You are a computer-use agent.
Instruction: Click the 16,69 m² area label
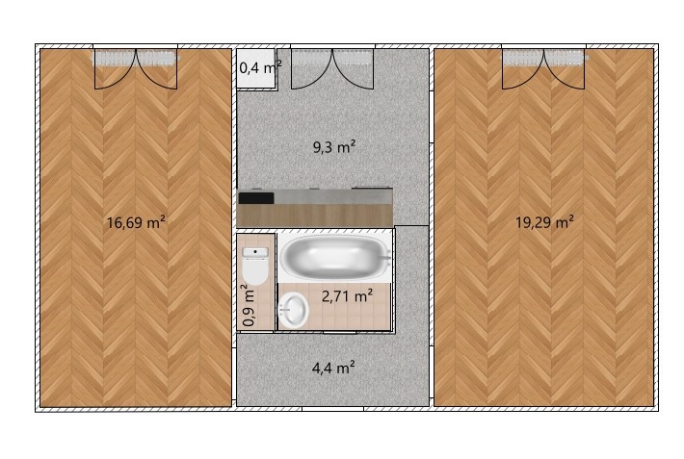click(x=136, y=222)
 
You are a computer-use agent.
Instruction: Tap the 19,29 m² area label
click(x=544, y=221)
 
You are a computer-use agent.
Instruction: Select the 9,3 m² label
click(x=334, y=147)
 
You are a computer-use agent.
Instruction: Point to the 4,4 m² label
click(x=334, y=367)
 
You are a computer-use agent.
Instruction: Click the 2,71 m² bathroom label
click(x=347, y=296)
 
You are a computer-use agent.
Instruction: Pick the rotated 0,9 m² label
click(x=249, y=305)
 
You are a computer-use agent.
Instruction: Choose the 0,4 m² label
click(x=259, y=67)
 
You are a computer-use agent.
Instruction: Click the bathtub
click(x=334, y=257)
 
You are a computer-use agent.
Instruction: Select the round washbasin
click(x=293, y=310)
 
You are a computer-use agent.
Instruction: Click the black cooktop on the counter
click(x=256, y=197)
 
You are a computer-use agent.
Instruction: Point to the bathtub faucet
click(x=386, y=257)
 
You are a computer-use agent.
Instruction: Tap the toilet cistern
click(x=255, y=252)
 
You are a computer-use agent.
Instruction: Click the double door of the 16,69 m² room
click(x=136, y=67)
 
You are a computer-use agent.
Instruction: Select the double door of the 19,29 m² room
click(x=544, y=67)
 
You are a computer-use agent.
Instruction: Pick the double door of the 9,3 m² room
click(x=332, y=67)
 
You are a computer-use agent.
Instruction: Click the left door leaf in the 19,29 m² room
click(x=523, y=67)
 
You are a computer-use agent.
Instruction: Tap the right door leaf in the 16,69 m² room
click(x=157, y=67)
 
